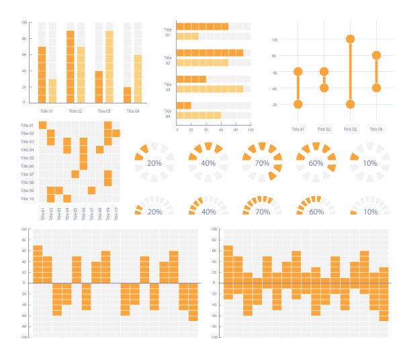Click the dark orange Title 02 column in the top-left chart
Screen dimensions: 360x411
click(x=71, y=66)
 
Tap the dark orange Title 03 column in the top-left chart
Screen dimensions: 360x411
click(x=99, y=87)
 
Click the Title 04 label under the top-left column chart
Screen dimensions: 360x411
click(x=132, y=111)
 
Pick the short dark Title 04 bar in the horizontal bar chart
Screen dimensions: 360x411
click(x=184, y=105)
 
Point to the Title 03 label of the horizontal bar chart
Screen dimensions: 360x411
click(x=168, y=87)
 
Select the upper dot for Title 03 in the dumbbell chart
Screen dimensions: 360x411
click(x=350, y=39)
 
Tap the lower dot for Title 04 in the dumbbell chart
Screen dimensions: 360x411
click(x=376, y=88)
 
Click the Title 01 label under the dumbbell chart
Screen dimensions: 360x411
click(x=298, y=129)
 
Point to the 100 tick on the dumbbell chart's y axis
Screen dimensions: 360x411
click(x=275, y=40)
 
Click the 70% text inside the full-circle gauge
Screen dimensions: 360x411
click(x=263, y=163)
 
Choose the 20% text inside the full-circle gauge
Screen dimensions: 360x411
click(x=154, y=163)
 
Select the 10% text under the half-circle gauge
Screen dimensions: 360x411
click(x=370, y=212)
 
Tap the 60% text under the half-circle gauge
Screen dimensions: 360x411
click(x=316, y=212)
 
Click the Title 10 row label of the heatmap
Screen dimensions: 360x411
click(x=27, y=199)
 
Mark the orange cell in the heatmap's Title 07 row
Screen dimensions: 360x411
click(x=75, y=175)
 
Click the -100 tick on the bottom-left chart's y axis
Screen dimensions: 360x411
click(x=24, y=337)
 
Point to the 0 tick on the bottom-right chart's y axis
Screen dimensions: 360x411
click(x=215, y=283)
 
